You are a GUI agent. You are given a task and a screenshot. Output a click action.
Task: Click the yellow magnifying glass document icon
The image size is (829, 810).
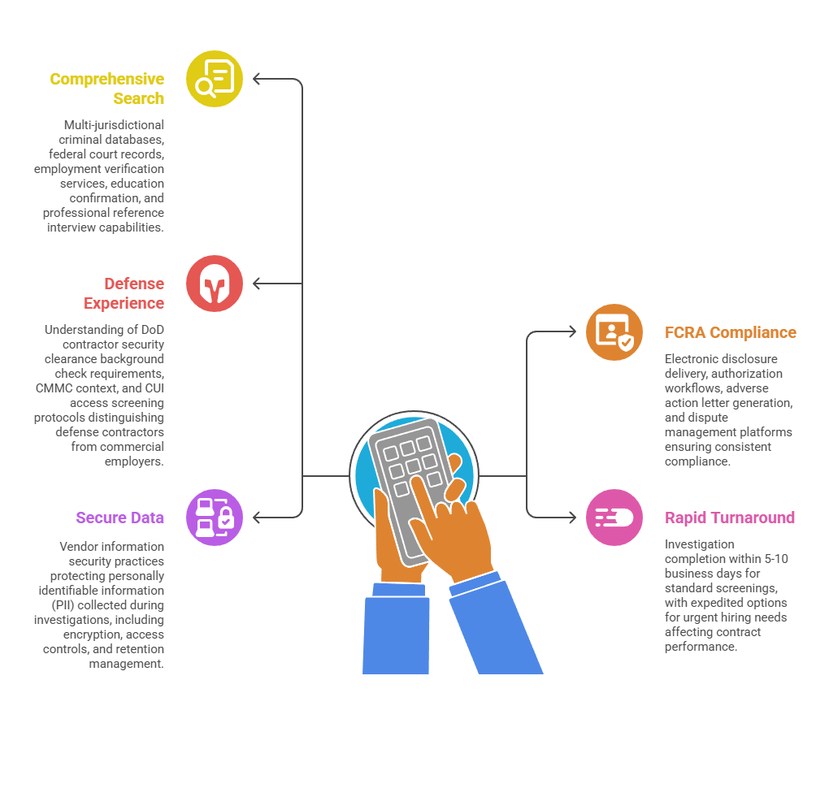coord(215,79)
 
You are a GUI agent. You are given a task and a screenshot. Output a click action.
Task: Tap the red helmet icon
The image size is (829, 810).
coord(215,284)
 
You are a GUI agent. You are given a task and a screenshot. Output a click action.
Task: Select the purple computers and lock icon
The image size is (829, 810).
coord(215,518)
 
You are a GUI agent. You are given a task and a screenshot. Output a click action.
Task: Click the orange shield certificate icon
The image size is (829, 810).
coord(614,332)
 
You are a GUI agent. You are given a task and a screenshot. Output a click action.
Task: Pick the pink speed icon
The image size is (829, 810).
coord(614,518)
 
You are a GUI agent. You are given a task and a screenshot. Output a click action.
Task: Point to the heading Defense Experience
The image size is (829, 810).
coord(124,293)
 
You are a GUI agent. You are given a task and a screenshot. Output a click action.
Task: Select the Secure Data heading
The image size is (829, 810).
coord(120,518)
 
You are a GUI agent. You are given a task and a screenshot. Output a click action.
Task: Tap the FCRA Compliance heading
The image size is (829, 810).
coord(730,332)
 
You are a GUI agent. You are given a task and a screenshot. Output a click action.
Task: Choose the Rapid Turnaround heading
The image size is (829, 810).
coord(730,518)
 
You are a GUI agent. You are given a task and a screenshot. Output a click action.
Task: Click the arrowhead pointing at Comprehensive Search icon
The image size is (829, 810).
coord(257,79)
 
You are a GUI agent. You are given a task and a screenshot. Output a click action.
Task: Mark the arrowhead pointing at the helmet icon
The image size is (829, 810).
coord(257,284)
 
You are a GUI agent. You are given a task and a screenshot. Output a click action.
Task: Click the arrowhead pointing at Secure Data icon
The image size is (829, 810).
coord(257,518)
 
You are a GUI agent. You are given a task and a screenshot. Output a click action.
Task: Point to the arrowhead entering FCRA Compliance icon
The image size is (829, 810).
coord(572,332)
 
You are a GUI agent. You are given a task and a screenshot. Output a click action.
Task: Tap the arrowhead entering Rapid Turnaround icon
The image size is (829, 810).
coord(572,518)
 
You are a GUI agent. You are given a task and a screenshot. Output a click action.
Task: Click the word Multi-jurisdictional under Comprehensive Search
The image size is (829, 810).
coord(114,125)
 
